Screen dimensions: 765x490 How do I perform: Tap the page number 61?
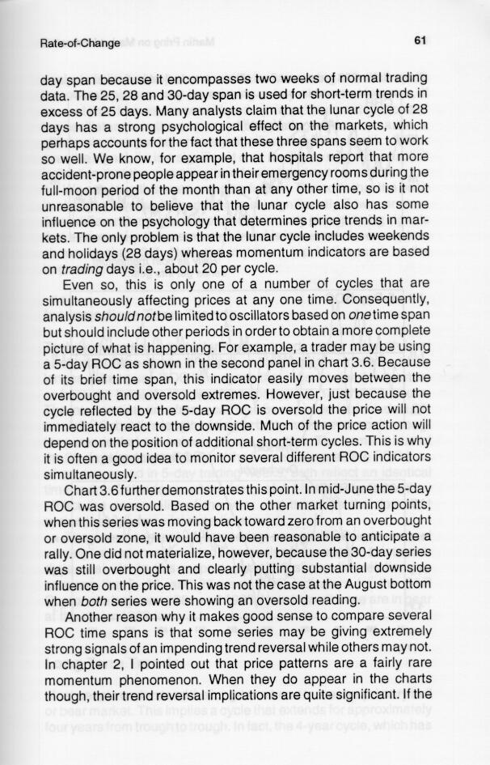(419, 40)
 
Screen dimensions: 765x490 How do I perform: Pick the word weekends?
(399, 234)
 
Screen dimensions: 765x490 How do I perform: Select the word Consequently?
(382, 296)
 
